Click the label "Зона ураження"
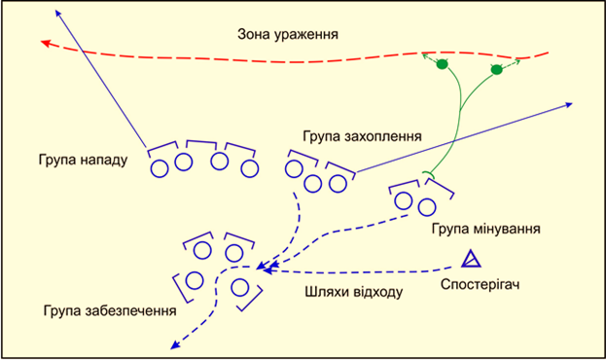[288, 34]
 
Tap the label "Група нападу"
[83, 160]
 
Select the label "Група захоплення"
[362, 136]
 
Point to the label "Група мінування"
[485, 229]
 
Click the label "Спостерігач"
[480, 285]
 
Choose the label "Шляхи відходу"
[354, 292]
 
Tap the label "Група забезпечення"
[110, 311]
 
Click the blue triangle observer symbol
[471, 259]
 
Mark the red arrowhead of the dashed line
[46, 43]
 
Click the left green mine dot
[443, 64]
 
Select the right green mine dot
[497, 70]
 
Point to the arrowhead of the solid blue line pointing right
[568, 104]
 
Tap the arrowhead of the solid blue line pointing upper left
[58, 14]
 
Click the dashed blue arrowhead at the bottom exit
[175, 345]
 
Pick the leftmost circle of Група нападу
[160, 168]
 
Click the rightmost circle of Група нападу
[250, 168]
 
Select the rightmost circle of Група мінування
[427, 207]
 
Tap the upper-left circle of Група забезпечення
[202, 251]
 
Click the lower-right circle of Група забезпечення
[239, 288]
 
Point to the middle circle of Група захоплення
[312, 184]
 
